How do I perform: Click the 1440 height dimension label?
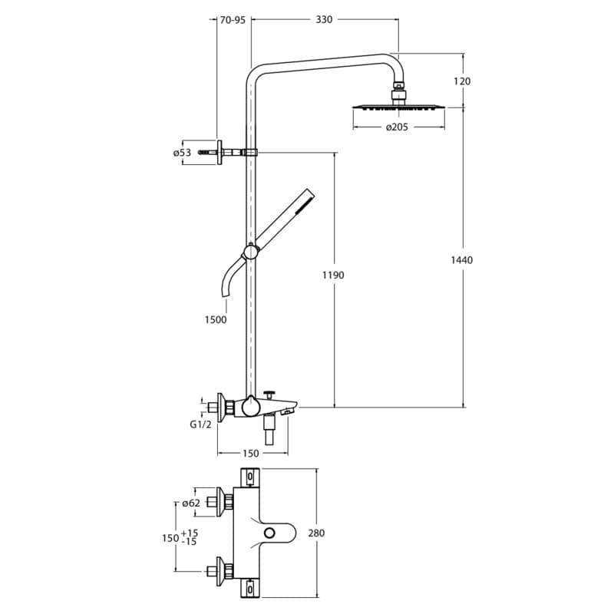click(461, 259)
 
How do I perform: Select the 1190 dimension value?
click(333, 275)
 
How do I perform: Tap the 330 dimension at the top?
click(324, 20)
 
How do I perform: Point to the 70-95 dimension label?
click(232, 20)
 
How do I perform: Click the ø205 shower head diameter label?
click(397, 127)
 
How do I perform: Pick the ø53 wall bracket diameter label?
click(182, 153)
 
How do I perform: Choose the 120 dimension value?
click(461, 81)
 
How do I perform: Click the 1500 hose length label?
click(216, 320)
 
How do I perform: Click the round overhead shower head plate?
click(398, 107)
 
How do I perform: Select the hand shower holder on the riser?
click(249, 251)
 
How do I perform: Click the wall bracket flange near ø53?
click(220, 152)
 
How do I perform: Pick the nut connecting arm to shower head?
click(398, 96)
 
